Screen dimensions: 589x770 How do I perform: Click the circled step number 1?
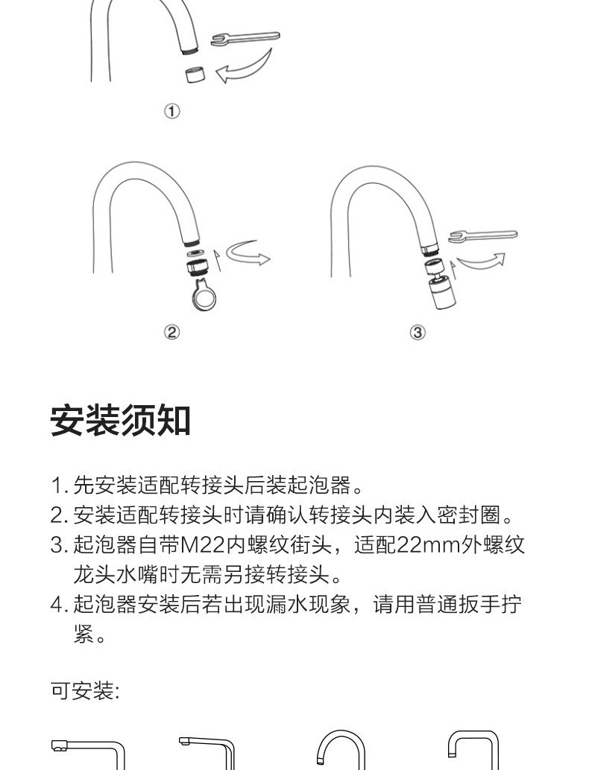point(171,111)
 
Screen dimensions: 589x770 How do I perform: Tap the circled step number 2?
point(171,332)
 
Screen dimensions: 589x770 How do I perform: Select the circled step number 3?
point(418,332)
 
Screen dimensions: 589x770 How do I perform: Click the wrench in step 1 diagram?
point(245,38)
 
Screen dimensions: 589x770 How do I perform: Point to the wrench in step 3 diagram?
point(483,236)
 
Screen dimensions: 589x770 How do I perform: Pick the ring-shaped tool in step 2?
point(203,294)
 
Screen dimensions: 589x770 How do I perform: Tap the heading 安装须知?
point(121,421)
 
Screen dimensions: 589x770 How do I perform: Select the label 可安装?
point(86,690)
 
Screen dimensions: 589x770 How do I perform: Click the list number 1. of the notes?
point(59,486)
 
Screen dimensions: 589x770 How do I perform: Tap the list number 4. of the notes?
point(59,605)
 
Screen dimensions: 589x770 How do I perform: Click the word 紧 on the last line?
point(84,634)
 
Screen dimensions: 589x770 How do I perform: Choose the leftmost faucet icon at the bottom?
point(88,754)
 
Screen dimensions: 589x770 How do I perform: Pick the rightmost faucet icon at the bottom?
point(473,751)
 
